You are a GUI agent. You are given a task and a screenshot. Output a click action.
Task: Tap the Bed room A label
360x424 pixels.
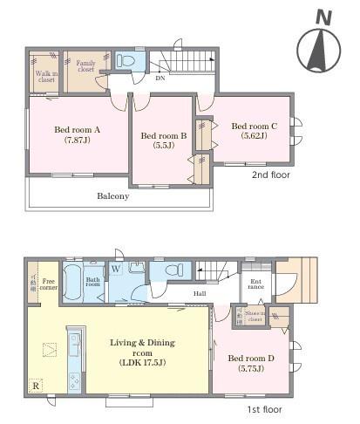(78, 134)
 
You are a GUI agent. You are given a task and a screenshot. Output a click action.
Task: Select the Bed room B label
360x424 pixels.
(163, 140)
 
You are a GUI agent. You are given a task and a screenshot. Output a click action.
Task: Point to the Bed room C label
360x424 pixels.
(254, 130)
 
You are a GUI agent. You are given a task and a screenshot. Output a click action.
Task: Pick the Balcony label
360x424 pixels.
(112, 196)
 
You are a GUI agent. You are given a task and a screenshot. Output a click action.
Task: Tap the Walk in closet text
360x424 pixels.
(45, 78)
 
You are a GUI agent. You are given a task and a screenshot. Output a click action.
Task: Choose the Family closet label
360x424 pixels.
(85, 67)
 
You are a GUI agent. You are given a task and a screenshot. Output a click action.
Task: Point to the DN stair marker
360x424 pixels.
(160, 79)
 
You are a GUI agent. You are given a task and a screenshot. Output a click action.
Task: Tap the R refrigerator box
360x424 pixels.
(36, 385)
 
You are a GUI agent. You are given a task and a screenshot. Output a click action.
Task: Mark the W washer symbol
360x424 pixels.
(115, 270)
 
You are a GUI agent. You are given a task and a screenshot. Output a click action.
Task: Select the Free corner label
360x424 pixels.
(48, 284)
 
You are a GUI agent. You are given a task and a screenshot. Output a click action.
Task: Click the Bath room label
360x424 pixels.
(92, 282)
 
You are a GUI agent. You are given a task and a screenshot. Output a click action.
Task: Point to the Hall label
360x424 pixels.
(200, 293)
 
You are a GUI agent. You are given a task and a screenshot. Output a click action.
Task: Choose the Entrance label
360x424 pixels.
(256, 284)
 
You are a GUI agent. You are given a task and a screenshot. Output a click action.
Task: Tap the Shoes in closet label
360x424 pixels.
(255, 317)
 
